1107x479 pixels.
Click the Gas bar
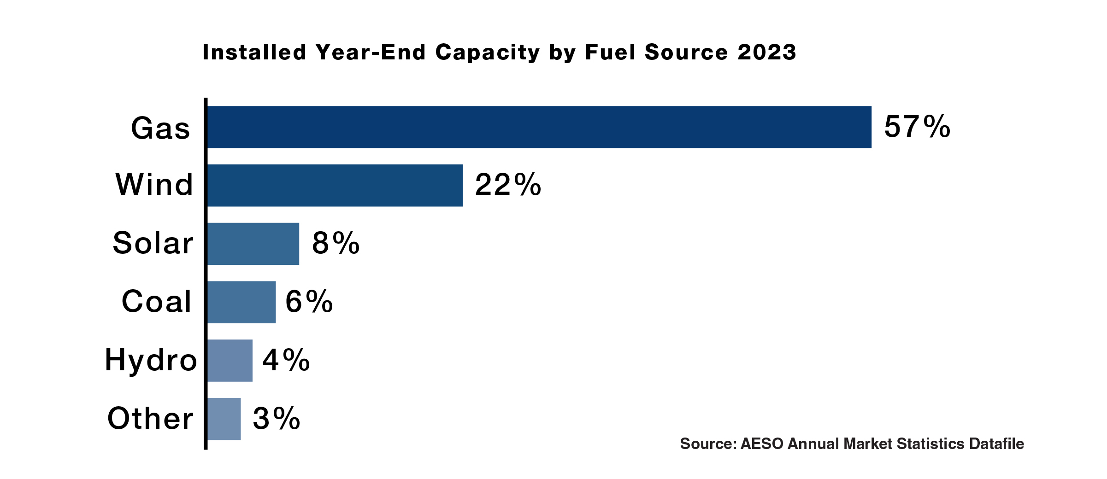point(539,127)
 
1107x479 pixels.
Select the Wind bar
point(335,185)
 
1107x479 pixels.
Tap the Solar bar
point(253,244)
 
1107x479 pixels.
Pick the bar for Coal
point(241,302)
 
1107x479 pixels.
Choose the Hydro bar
point(230,361)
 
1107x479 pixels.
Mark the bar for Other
point(224,419)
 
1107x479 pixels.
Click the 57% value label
point(917,127)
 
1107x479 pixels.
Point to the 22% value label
point(508,185)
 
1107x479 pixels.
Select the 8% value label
point(336,244)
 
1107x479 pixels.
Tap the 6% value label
point(309,302)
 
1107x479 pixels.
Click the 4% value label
point(286,361)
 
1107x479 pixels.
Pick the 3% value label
point(276,419)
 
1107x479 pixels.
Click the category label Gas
point(160,129)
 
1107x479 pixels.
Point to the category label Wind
point(154,185)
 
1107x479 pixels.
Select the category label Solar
point(153,243)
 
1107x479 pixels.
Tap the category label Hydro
point(151,361)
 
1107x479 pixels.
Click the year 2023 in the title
point(767,53)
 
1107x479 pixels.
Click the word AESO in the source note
point(762,444)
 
